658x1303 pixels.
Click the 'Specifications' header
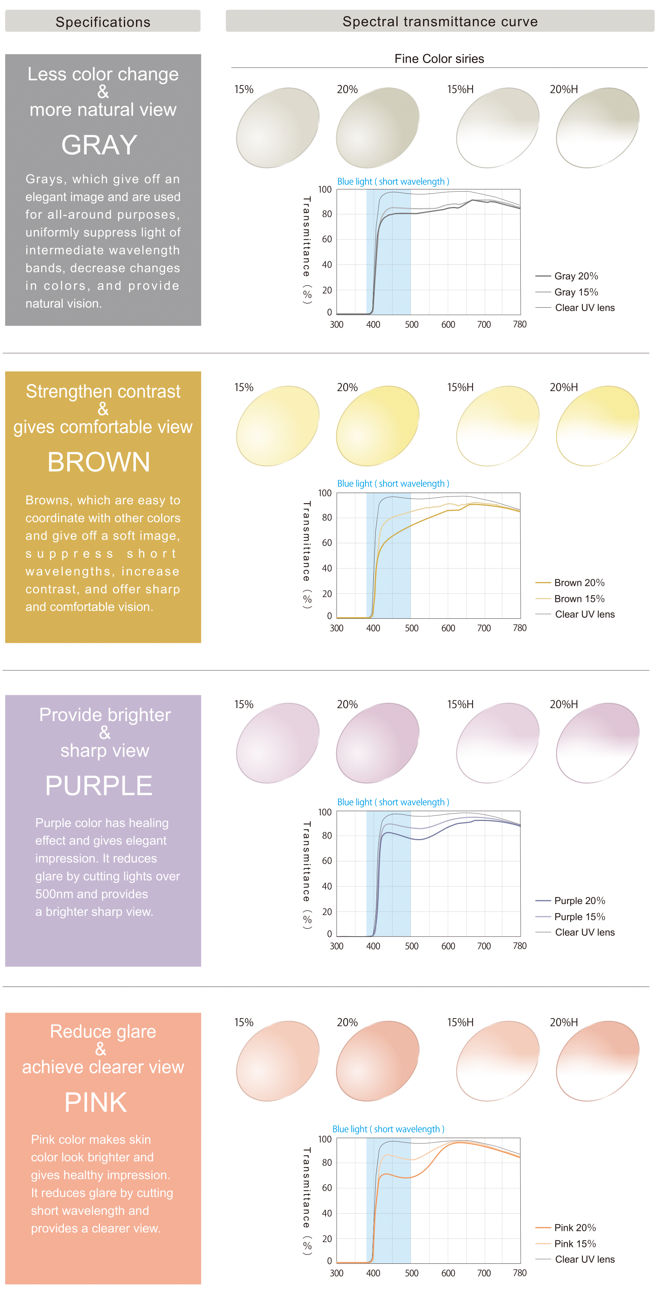103,22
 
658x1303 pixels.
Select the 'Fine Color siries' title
439,59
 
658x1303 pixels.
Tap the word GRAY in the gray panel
99,145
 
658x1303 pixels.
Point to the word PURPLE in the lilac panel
99,786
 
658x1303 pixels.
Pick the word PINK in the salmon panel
96,1102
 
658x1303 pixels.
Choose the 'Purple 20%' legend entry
579,901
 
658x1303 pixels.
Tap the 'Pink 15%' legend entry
574,1244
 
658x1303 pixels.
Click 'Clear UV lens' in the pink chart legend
584,1260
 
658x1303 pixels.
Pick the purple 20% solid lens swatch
378,743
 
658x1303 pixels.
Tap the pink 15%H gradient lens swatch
498,1061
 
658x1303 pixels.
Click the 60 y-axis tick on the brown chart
327,543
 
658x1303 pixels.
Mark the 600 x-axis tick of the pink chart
448,1273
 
